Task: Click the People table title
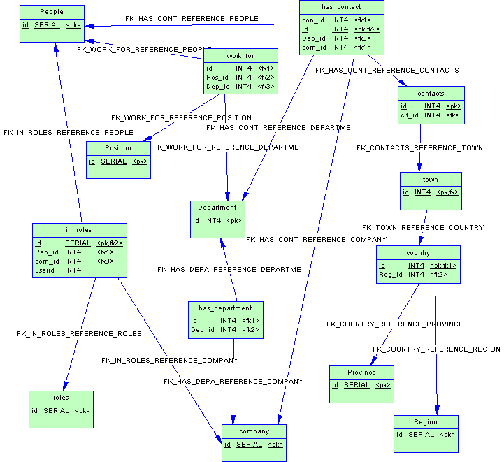coord(52,12)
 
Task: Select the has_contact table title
coord(341,7)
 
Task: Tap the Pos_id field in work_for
coord(217,77)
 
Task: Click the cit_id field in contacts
coord(410,115)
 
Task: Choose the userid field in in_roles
coord(45,270)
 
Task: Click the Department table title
coord(217,208)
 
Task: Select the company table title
coord(253,431)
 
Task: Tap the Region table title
coord(425,422)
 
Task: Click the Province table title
coord(361,372)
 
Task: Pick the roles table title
coord(61,398)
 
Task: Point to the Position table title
coord(118,148)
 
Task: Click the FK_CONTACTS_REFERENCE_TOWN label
coord(419,148)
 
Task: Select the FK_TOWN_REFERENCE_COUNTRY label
coord(422,228)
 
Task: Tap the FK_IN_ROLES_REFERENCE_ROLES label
coord(79,334)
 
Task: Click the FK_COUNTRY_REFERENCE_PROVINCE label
coord(394,324)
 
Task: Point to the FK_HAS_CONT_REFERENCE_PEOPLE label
coord(192,18)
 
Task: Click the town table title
coord(431,180)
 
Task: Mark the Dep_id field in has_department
coord(202,330)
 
